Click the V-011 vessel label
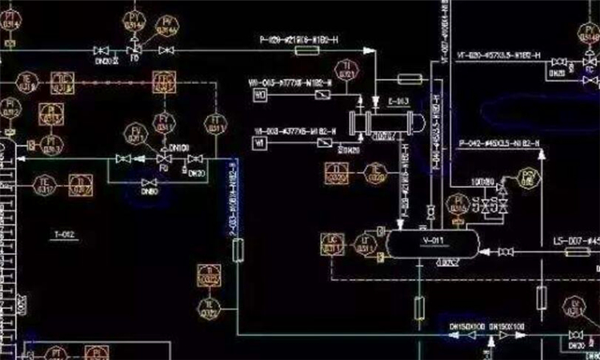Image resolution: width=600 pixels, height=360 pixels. pyautogui.click(x=432, y=239)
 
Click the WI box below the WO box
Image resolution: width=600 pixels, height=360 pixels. pyautogui.click(x=259, y=142)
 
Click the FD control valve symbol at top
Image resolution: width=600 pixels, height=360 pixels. pyautogui.click(x=134, y=51)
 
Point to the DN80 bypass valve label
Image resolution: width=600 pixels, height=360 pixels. pyautogui.click(x=148, y=192)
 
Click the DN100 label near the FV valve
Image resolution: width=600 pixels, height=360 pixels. pyautogui.click(x=179, y=147)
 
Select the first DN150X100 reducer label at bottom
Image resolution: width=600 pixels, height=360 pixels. pyautogui.click(x=466, y=326)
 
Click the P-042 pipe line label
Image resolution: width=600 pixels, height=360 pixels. pyautogui.click(x=499, y=144)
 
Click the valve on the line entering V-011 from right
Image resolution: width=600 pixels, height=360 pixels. pyautogui.click(x=505, y=252)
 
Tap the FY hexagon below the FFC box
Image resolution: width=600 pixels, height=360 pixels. pyautogui.click(x=166, y=120)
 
